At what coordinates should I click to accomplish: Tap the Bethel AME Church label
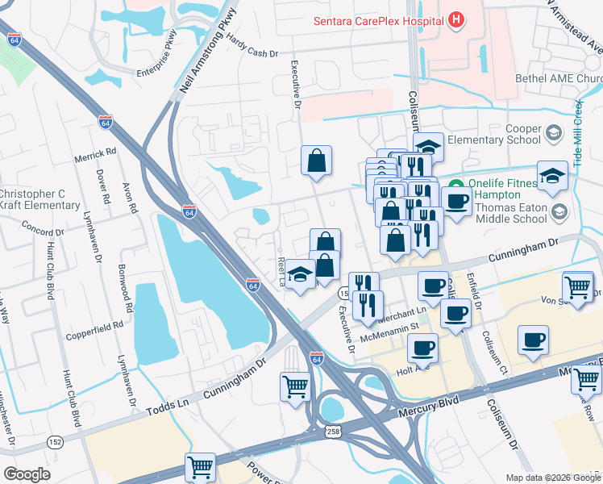click(558, 79)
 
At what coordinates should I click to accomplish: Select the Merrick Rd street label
click(95, 151)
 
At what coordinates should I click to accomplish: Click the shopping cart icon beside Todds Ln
click(296, 386)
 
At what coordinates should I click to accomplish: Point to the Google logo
click(27, 474)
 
